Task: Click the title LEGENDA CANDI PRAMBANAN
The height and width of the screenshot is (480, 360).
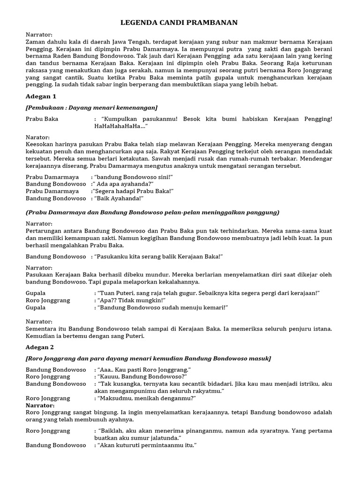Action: pos(180,22)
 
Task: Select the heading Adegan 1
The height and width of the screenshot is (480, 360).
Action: pos(41,96)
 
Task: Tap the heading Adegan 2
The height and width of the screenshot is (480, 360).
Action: pos(40,347)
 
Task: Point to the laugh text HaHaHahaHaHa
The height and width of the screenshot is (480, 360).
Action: pos(119,126)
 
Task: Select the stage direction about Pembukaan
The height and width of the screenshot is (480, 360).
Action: pos(91,107)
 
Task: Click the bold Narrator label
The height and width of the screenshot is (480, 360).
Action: pos(40,405)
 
